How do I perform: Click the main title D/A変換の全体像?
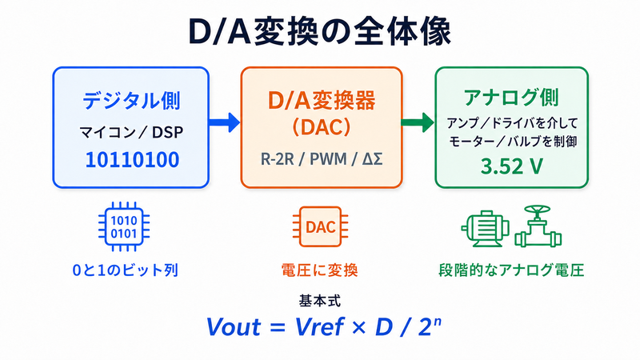pyautogui.click(x=319, y=32)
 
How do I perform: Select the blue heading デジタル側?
pyautogui.click(x=131, y=101)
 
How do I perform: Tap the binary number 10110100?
pyautogui.click(x=132, y=159)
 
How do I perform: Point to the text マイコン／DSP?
pyautogui.click(x=131, y=132)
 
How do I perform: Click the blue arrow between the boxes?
pyautogui.click(x=224, y=122)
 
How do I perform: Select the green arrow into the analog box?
pyautogui.click(x=418, y=122)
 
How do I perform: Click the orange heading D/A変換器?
pyautogui.click(x=322, y=101)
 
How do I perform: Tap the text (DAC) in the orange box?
pyautogui.click(x=322, y=127)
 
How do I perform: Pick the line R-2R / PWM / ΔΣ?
pyautogui.click(x=322, y=159)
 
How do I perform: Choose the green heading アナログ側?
pyautogui.click(x=511, y=97)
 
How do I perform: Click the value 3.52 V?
pyautogui.click(x=512, y=166)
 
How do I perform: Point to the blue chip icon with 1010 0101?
pyautogui.click(x=124, y=226)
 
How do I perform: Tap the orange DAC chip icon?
pyautogui.click(x=321, y=227)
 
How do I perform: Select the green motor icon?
pyautogui.click(x=486, y=228)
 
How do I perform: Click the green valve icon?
pyautogui.click(x=538, y=226)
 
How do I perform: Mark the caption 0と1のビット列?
pyautogui.click(x=126, y=270)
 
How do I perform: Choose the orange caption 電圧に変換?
pyautogui.click(x=319, y=270)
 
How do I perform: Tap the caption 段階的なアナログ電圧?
pyautogui.click(x=511, y=270)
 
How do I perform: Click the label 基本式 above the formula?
pyautogui.click(x=319, y=302)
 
